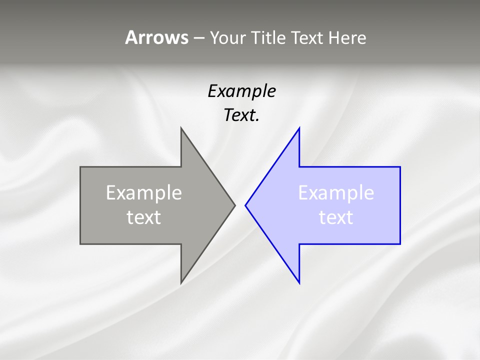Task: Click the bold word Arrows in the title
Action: (x=156, y=38)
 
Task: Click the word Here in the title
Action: (x=347, y=38)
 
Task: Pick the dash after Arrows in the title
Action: (x=198, y=38)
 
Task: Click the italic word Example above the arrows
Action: (x=241, y=91)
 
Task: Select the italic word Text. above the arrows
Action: (x=241, y=115)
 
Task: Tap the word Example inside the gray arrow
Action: (x=144, y=193)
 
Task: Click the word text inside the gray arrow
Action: (x=144, y=217)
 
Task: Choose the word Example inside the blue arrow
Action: (x=336, y=193)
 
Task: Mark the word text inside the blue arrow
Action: (x=336, y=217)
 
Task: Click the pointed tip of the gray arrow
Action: (x=235, y=205)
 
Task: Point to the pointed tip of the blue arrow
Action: (x=245, y=205)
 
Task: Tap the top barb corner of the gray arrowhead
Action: (x=181, y=128)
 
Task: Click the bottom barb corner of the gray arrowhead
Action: (x=181, y=283)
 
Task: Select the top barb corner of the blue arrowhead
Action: (x=299, y=128)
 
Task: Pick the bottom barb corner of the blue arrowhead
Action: (x=299, y=283)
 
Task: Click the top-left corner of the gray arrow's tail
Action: (x=80, y=167)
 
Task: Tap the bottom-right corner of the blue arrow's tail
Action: (x=400, y=243)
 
